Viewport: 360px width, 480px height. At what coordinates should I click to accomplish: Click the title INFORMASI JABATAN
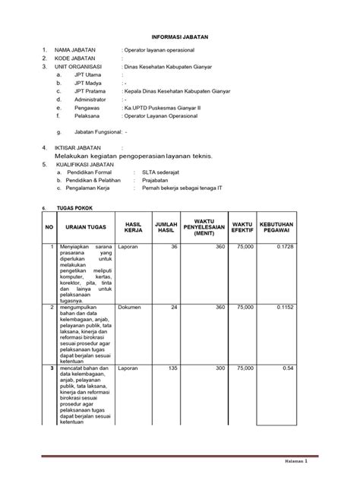(180, 36)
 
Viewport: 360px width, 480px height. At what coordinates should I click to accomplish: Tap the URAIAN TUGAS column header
(84, 226)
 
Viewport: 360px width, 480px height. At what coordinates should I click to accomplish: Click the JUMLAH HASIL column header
(166, 226)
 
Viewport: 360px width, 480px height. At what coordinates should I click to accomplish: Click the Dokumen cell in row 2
(130, 308)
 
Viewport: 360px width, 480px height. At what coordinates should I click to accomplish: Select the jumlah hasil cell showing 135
(172, 368)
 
